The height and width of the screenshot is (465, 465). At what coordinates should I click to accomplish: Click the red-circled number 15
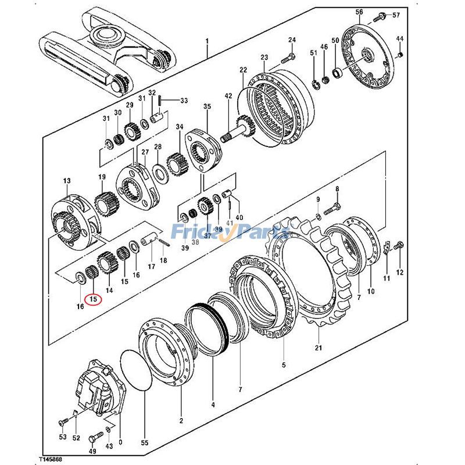(93, 299)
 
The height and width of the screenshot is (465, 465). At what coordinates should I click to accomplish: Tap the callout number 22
(243, 70)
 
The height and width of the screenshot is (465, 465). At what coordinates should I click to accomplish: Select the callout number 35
(207, 106)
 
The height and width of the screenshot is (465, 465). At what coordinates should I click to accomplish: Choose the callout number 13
(66, 181)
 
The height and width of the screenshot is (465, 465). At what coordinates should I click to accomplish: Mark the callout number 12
(399, 272)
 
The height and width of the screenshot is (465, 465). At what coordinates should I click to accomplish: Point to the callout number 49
(92, 451)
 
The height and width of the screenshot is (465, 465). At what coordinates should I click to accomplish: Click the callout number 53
(62, 438)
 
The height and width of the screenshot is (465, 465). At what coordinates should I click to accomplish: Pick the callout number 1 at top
(206, 42)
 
